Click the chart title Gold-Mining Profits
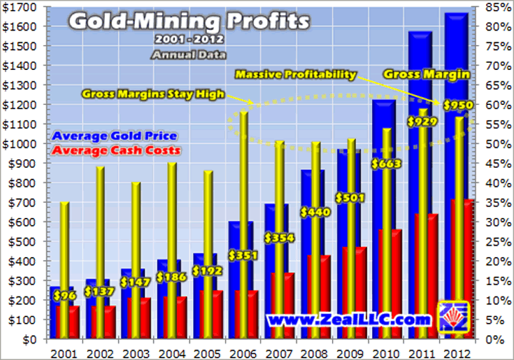coord(189,21)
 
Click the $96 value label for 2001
coord(64,295)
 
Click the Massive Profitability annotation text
coord(296,74)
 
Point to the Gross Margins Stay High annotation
coord(153,94)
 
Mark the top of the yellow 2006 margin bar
coord(243,113)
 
